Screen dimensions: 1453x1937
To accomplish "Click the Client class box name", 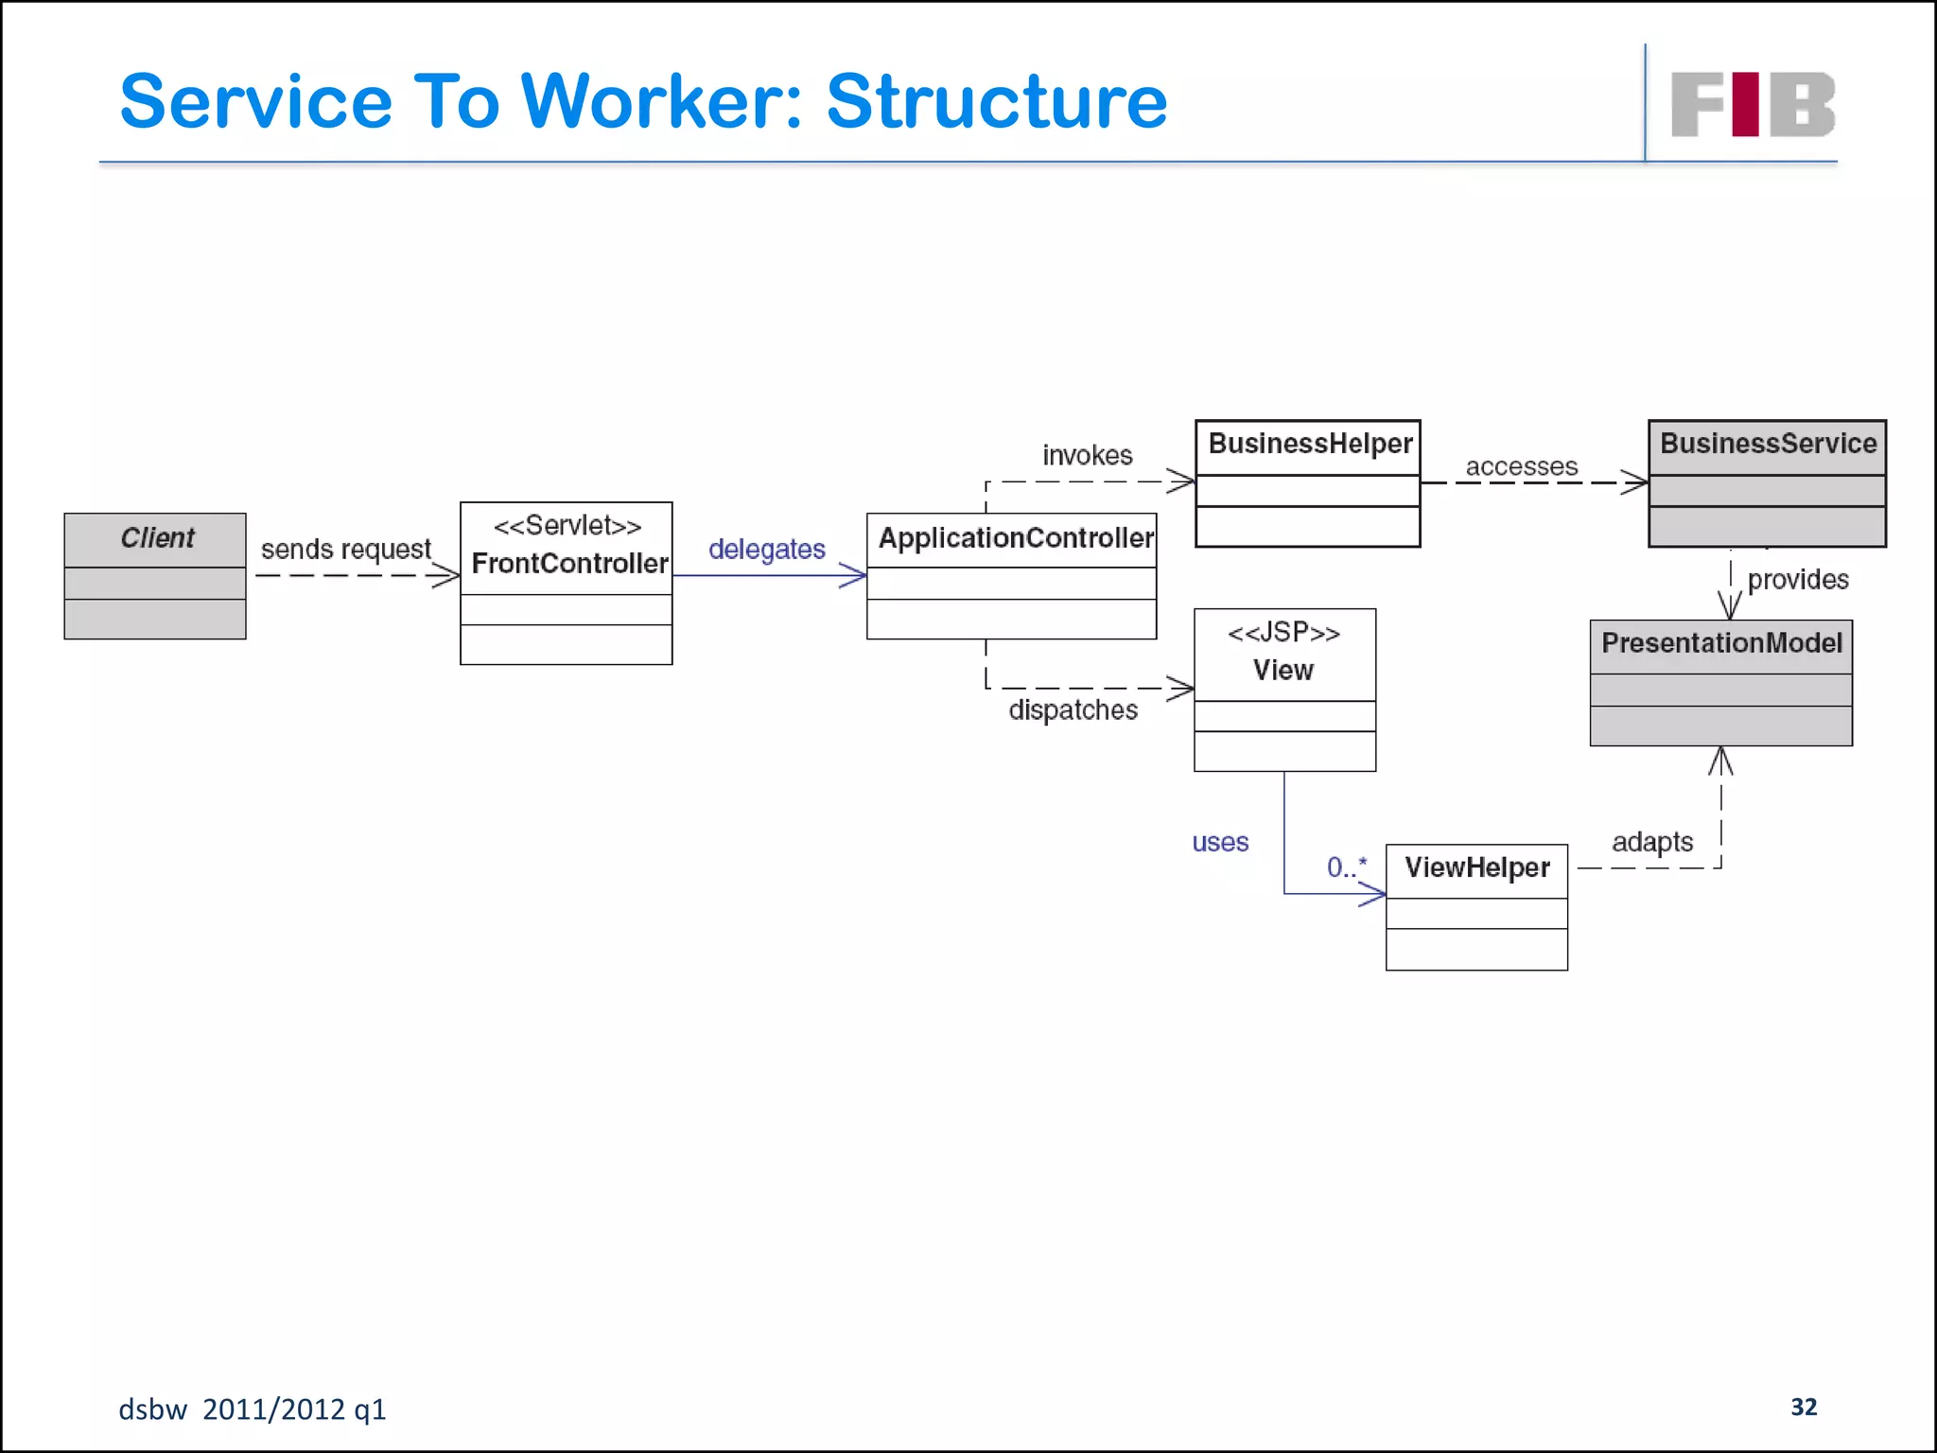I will (157, 538).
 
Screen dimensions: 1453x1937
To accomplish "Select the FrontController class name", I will (569, 564).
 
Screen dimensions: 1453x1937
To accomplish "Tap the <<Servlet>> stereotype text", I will (567, 526).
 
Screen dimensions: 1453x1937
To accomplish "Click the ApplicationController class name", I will (1016, 538).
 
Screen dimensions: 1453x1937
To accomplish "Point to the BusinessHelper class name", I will (1310, 444).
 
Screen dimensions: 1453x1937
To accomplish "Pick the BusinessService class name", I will (1768, 444).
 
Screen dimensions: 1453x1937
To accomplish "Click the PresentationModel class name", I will (1721, 643).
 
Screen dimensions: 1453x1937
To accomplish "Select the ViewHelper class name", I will (1476, 867).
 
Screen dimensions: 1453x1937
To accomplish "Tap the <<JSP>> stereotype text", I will (1283, 633).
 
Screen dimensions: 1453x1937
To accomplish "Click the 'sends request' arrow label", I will (345, 550).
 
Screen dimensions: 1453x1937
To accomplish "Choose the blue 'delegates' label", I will (766, 550).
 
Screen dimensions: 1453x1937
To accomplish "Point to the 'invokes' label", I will (1087, 456).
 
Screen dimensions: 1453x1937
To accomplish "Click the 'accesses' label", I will (1521, 467).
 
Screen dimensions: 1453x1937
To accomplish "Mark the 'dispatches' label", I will (1073, 710).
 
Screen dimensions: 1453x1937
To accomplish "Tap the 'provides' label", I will (1797, 580).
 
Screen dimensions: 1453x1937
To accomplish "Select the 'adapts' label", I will (1651, 842).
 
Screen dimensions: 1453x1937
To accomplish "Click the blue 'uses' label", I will (1220, 843).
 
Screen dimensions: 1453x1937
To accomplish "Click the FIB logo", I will (1753, 105).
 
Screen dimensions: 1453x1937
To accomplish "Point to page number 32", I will (1803, 1408).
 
